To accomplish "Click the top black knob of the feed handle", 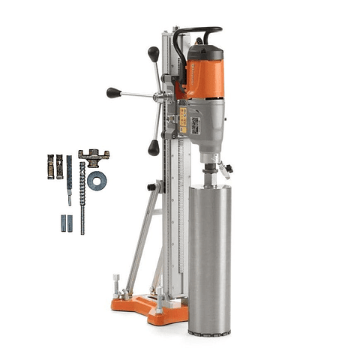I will pos(154,53).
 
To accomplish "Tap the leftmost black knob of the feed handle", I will pos(113,92).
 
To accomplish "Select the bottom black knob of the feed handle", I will pos(154,147).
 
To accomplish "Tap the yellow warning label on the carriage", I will pos(182,120).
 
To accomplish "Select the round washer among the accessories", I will pos(96,181).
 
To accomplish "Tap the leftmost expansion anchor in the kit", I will pos(50,166).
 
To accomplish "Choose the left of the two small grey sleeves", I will pos(63,223).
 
